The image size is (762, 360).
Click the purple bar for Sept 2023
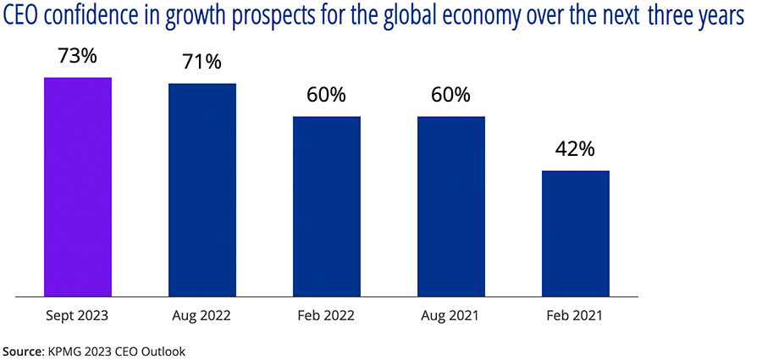click(78, 186)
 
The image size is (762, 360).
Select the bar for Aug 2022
click(202, 190)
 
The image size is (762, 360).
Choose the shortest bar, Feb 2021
click(576, 233)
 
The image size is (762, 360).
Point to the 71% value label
click(202, 63)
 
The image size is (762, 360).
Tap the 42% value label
click(576, 149)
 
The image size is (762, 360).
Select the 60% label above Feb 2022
click(327, 95)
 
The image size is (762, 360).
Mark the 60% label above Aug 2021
click(451, 95)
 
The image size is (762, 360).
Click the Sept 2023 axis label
click(78, 315)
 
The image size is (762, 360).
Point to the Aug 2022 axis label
click(202, 315)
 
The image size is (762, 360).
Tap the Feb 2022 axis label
click(327, 315)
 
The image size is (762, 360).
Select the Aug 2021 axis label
click(451, 315)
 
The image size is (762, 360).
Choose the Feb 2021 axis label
click(576, 315)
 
